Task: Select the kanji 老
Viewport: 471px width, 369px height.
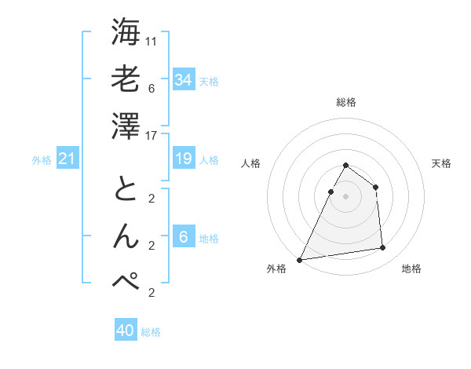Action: pyautogui.click(x=126, y=79)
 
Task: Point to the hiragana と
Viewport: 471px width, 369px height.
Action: pyautogui.click(x=126, y=189)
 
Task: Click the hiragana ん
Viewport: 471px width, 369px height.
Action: pyautogui.click(x=126, y=236)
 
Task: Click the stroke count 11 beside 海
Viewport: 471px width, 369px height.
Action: pyautogui.click(x=152, y=40)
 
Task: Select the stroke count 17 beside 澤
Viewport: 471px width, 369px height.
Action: pyautogui.click(x=152, y=136)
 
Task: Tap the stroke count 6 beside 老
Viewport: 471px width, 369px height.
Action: pyautogui.click(x=151, y=88)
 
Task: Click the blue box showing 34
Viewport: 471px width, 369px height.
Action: pyautogui.click(x=183, y=79)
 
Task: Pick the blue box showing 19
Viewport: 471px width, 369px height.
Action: pyautogui.click(x=183, y=159)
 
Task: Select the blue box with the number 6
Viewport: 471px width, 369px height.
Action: pyautogui.click(x=183, y=238)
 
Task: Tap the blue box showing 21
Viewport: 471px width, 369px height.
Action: pyautogui.click(x=67, y=159)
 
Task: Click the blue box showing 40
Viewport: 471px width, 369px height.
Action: pyautogui.click(x=125, y=331)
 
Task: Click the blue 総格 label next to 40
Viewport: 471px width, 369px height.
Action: pyautogui.click(x=151, y=332)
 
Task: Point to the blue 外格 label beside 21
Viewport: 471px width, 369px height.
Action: pyautogui.click(x=42, y=160)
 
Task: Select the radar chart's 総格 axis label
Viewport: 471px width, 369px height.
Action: pyautogui.click(x=345, y=102)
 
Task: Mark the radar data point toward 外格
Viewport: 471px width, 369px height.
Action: pyautogui.click(x=300, y=259)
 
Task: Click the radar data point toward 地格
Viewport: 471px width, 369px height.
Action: pyautogui.click(x=383, y=248)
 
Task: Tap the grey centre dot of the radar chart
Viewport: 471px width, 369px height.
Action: pyautogui.click(x=345, y=196)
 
